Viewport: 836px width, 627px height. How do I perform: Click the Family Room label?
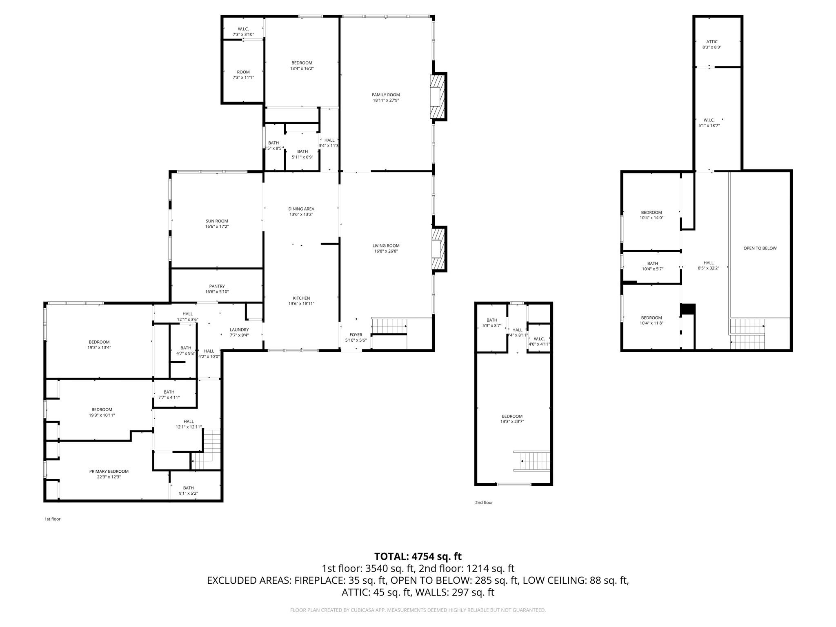click(386, 95)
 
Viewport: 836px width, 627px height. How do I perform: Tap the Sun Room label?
click(217, 221)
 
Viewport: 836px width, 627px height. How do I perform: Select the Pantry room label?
click(217, 287)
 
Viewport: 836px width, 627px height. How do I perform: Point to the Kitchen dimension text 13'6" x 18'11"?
click(302, 304)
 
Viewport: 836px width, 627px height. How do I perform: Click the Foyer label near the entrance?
click(356, 335)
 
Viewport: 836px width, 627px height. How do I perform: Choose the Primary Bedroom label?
click(109, 471)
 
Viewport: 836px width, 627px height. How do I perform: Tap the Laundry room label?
click(239, 330)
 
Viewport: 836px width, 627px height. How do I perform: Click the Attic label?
click(712, 42)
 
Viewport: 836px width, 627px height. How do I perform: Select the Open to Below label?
click(760, 248)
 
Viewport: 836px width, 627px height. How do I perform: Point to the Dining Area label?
click(301, 209)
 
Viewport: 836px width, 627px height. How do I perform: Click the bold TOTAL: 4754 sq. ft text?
click(418, 556)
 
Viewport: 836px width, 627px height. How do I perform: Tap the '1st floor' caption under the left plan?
click(53, 519)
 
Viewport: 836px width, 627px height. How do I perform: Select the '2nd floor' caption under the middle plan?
click(484, 502)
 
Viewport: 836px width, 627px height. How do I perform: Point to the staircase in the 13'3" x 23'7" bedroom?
click(532, 461)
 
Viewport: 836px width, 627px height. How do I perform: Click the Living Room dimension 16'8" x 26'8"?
click(386, 251)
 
